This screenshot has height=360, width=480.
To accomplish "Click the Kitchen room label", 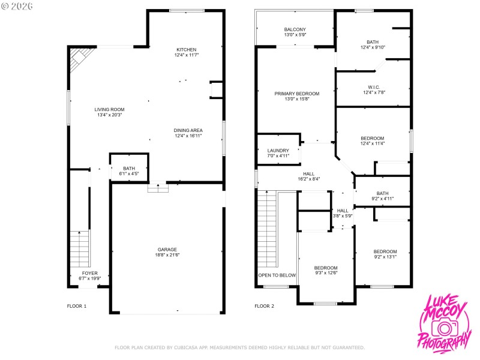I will click(x=186, y=49).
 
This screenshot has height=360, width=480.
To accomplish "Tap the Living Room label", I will click(x=109, y=109).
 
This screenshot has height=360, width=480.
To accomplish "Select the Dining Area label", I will click(x=188, y=130).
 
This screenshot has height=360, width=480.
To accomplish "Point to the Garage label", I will click(x=167, y=250).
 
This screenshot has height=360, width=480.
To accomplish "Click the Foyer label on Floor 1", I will click(x=89, y=273).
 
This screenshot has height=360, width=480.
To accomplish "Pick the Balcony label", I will click(x=295, y=29).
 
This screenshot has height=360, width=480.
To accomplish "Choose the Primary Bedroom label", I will click(x=296, y=94).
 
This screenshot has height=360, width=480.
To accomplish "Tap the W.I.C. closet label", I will click(x=373, y=87).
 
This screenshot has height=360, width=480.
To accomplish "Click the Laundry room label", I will click(x=278, y=151).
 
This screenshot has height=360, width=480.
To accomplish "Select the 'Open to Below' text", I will click(x=277, y=275).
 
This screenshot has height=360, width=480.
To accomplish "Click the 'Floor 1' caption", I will click(x=77, y=306).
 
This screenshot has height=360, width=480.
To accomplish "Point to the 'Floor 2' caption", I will click(x=264, y=306).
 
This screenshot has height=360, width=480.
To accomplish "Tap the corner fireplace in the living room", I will click(x=78, y=59).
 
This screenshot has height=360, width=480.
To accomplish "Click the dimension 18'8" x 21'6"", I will click(x=167, y=255).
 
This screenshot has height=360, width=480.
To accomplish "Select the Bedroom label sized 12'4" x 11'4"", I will click(x=373, y=138).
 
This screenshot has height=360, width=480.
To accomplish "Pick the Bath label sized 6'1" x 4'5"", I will click(x=129, y=169).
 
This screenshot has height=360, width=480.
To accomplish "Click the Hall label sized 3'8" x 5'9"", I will click(x=343, y=211).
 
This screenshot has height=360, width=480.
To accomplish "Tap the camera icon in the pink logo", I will click(x=444, y=328).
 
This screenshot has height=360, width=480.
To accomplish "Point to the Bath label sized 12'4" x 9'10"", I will click(x=373, y=42).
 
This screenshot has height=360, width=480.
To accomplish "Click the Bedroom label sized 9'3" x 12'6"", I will click(x=326, y=268).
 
